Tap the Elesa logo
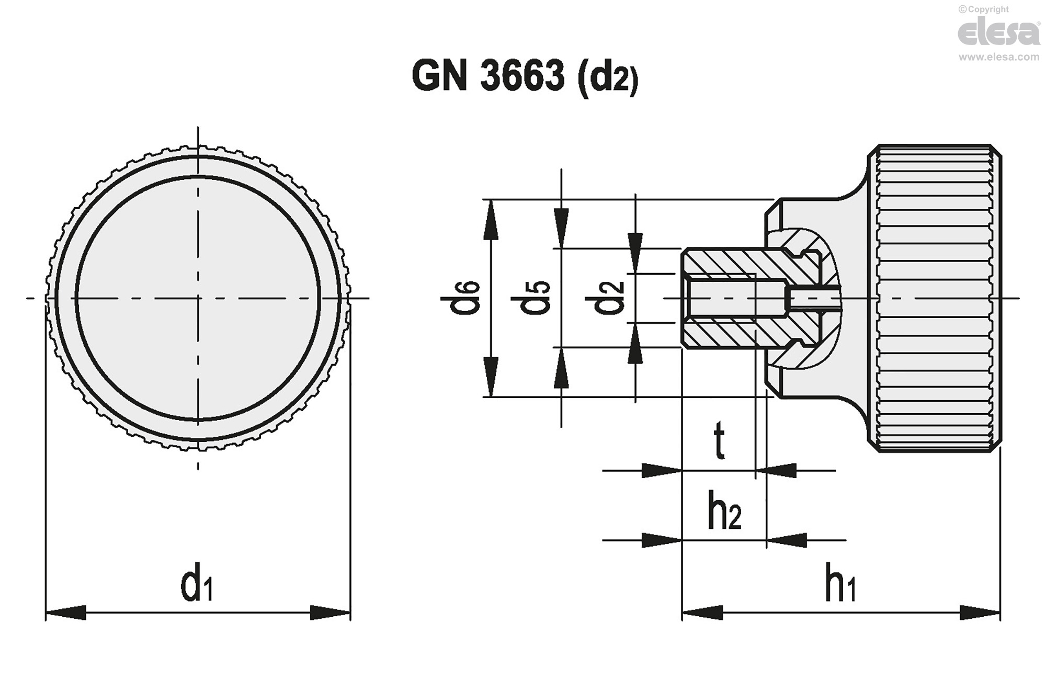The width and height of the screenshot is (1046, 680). [x=998, y=33]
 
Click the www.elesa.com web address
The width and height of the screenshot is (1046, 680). [x=998, y=57]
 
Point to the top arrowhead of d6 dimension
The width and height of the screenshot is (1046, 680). [x=490, y=220]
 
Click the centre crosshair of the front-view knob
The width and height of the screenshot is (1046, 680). [x=198, y=298]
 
